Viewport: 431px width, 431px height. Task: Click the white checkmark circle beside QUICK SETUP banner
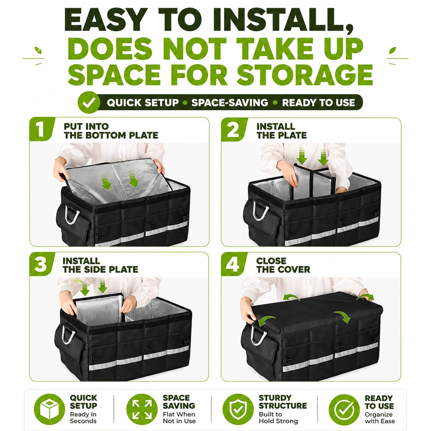pyautogui.click(x=89, y=102)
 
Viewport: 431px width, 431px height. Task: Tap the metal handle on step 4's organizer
pyautogui.click(x=259, y=335)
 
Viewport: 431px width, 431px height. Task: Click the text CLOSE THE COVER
pyautogui.click(x=283, y=265)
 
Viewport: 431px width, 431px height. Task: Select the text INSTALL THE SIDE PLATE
pyautogui.click(x=100, y=265)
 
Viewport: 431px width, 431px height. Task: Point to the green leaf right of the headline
pyautogui.click(x=393, y=50)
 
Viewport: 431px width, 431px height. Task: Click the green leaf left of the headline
pyautogui.click(x=38, y=50)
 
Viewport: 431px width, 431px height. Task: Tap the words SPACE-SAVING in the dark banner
pyautogui.click(x=230, y=103)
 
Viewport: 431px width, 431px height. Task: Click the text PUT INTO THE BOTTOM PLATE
pyautogui.click(x=111, y=131)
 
